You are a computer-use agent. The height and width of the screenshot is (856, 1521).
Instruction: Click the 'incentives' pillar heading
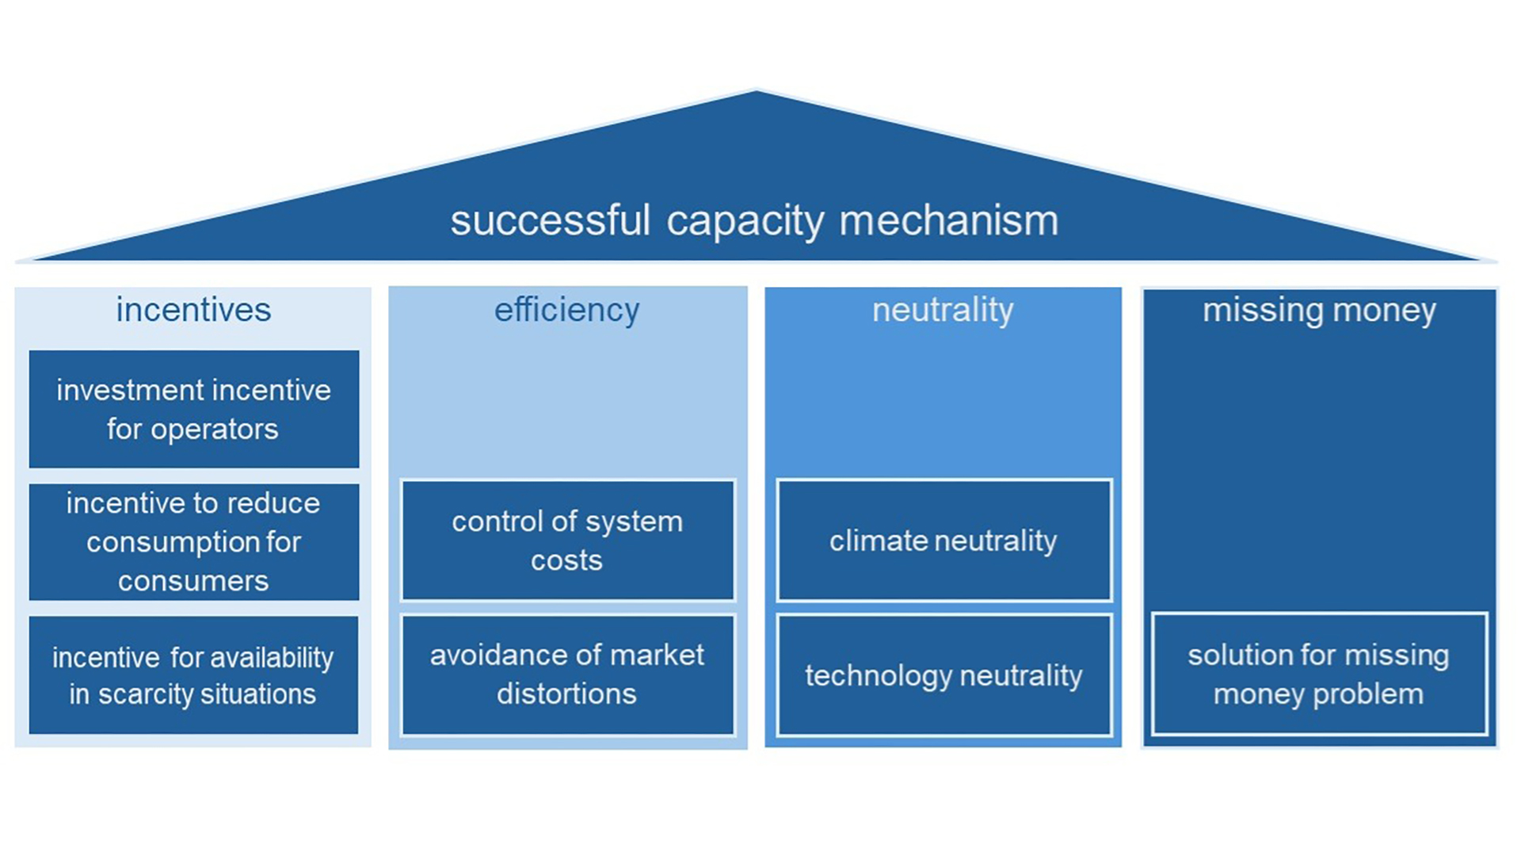[193, 310]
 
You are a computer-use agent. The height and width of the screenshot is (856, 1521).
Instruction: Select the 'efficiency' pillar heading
[566, 310]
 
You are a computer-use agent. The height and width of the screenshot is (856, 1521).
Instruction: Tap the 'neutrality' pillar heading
[943, 310]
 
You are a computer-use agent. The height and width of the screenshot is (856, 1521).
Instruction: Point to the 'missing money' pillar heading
[1319, 310]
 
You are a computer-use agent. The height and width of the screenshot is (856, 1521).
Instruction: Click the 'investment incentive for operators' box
[194, 409]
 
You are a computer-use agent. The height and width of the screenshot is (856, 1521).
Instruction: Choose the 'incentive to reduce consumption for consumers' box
[194, 542]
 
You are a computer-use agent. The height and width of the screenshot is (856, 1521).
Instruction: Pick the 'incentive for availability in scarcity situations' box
[194, 675]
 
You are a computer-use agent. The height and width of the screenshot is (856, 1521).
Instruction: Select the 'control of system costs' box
[567, 541]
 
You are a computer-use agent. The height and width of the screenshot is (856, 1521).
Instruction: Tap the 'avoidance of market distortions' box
[567, 674]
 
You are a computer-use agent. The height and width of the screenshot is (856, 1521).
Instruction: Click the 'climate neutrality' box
[943, 541]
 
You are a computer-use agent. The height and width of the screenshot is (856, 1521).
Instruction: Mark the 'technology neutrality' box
[943, 675]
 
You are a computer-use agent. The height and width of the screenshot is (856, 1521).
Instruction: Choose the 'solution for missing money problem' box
[1319, 674]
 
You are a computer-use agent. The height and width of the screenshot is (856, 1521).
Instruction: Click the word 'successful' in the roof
[550, 220]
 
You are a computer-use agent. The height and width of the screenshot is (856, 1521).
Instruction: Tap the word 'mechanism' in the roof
[948, 220]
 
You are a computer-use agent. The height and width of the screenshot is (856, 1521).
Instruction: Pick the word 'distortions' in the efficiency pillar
[566, 694]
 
